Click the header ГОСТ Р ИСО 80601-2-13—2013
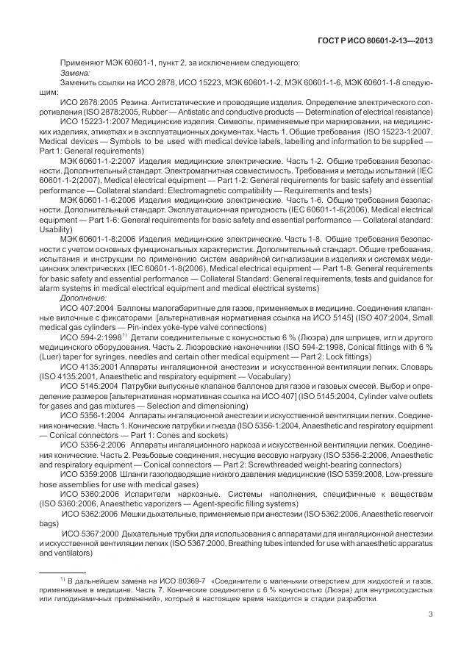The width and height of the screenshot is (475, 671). pyautogui.click(x=374, y=40)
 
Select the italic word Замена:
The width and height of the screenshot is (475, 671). pyautogui.click(x=75, y=73)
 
